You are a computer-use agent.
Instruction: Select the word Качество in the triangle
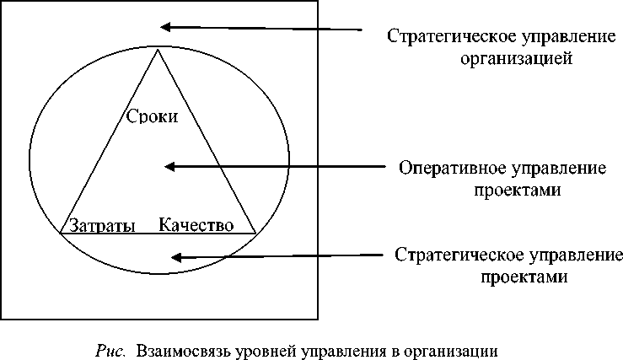(196, 225)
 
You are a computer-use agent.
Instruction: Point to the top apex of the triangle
(158, 50)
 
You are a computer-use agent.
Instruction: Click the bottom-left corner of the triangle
(61, 232)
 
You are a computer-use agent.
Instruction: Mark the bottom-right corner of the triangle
(255, 232)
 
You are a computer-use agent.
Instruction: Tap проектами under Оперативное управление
(515, 190)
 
